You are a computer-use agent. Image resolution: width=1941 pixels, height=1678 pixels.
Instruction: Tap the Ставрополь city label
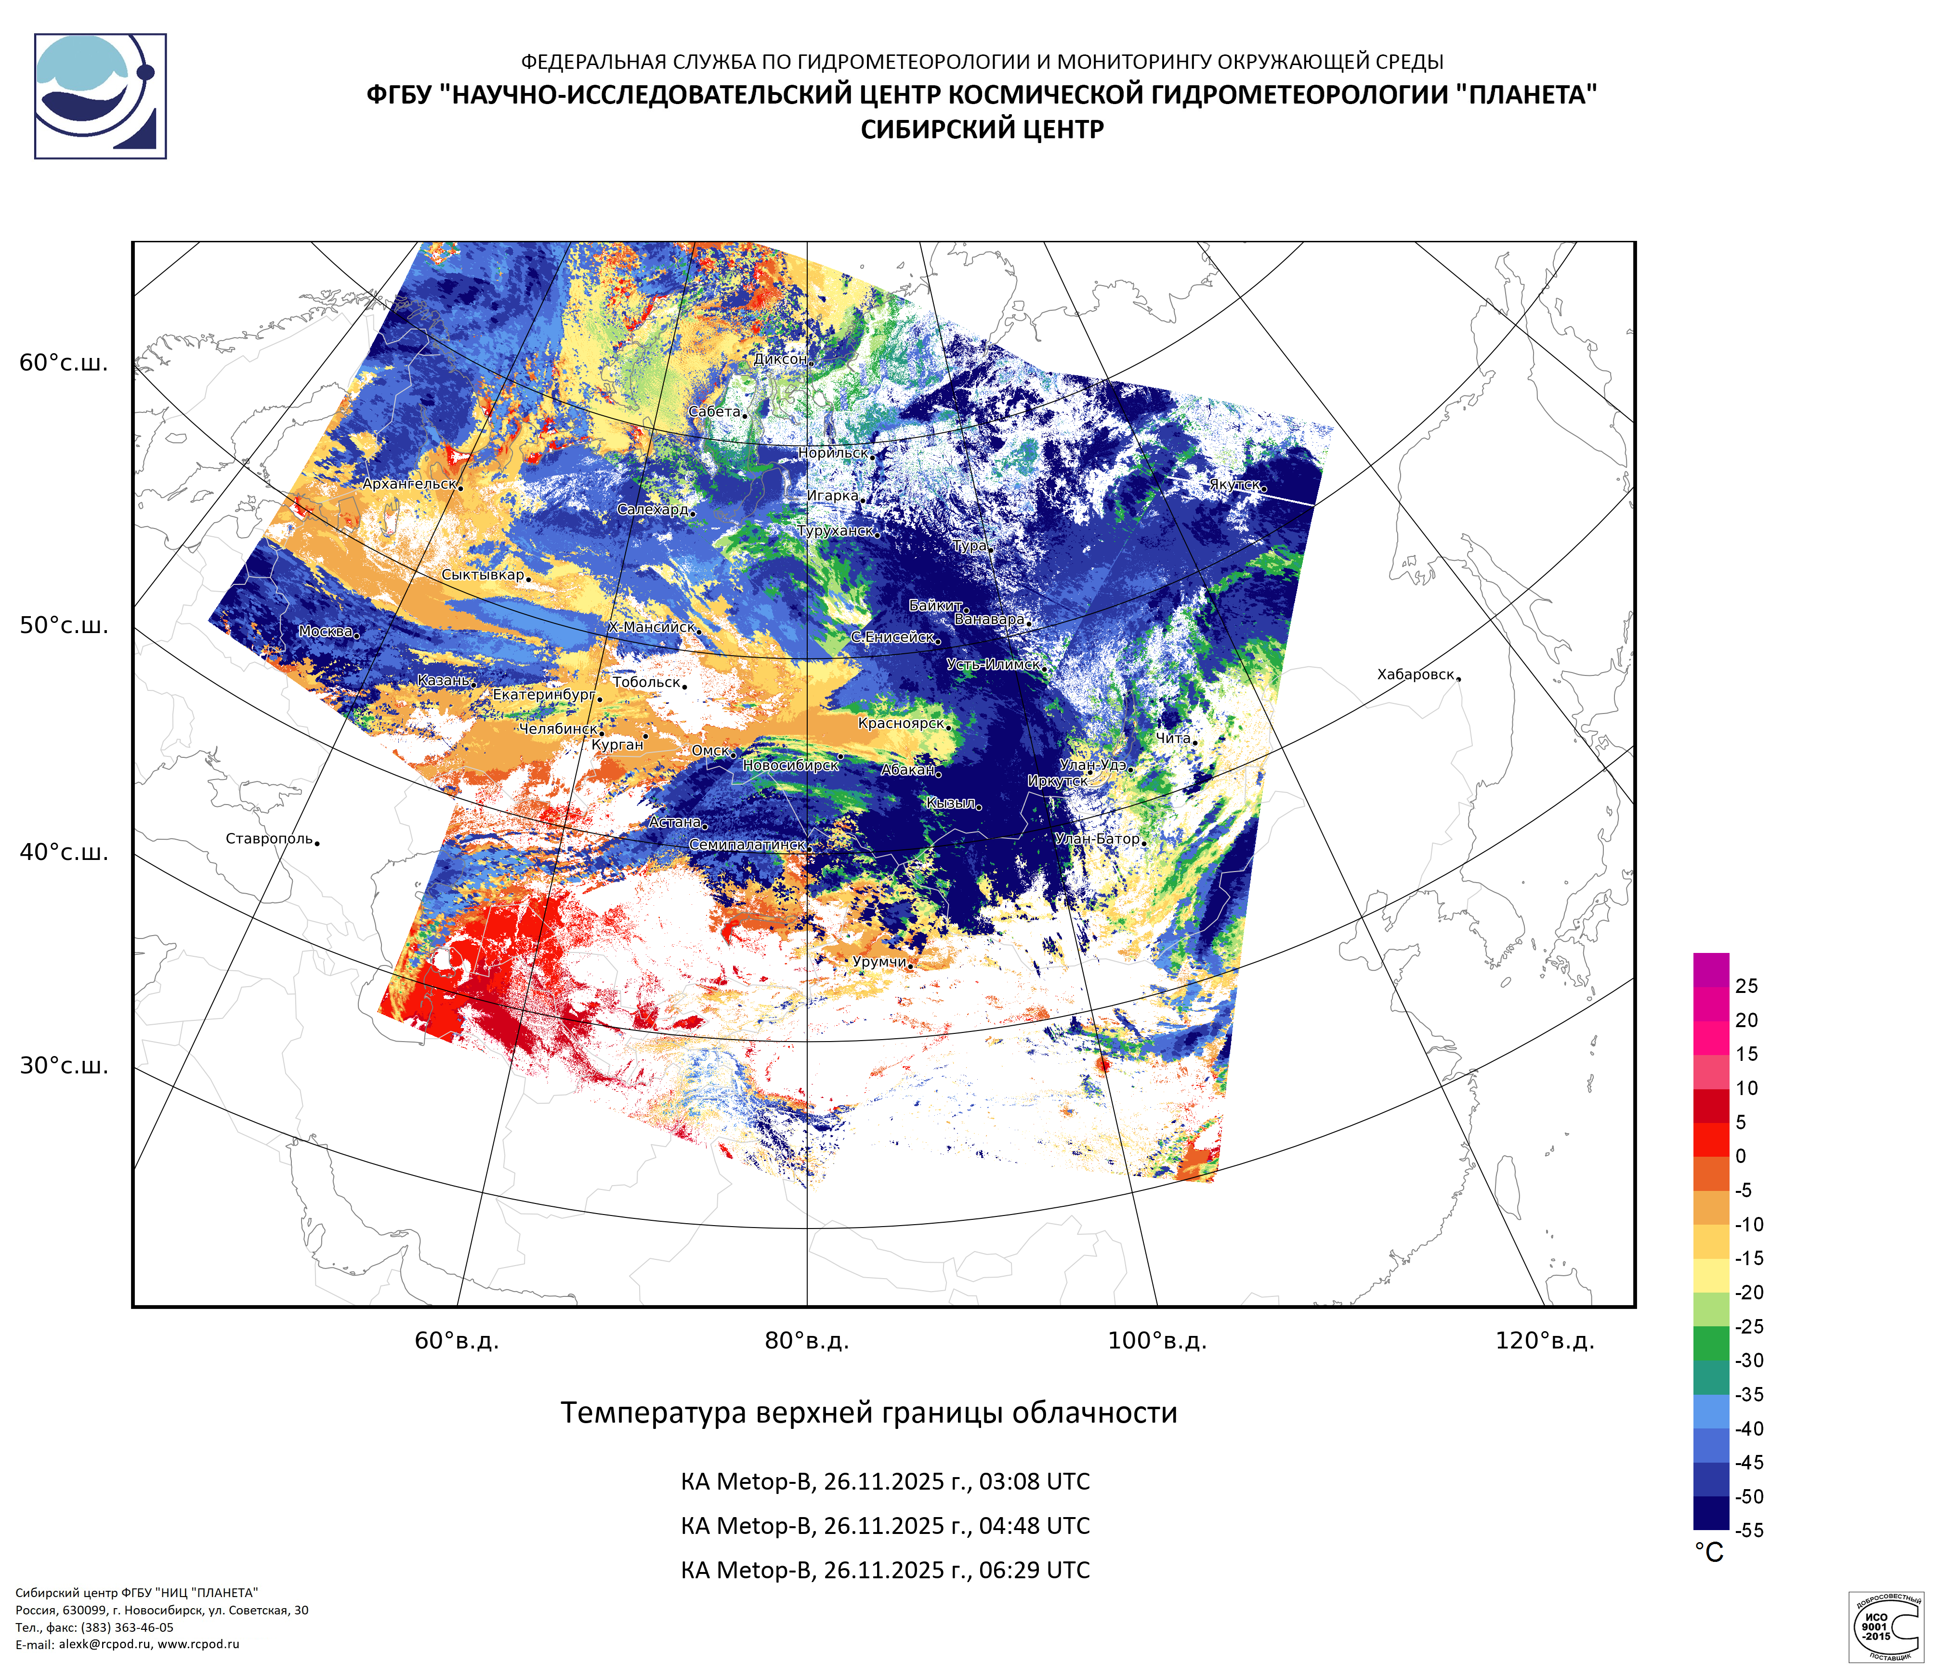tap(269, 839)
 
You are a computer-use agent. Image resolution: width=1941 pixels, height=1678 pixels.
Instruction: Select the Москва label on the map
tap(325, 632)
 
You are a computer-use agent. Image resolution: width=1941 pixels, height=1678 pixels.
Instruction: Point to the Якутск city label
tap(1234, 484)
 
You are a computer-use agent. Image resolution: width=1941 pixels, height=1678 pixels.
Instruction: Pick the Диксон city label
tap(779, 359)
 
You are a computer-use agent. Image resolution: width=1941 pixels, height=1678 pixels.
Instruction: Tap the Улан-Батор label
tap(1097, 839)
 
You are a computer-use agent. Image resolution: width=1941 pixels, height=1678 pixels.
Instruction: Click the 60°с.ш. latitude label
tap(64, 364)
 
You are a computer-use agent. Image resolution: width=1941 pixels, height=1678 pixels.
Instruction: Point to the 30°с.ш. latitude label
tap(64, 1066)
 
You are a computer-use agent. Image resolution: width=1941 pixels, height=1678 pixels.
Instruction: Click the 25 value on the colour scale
tap(1746, 986)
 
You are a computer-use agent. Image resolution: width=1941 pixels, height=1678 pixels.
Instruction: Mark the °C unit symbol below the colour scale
tap(1709, 1553)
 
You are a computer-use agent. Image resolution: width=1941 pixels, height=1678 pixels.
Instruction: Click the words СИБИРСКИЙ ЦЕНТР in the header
tap(982, 129)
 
